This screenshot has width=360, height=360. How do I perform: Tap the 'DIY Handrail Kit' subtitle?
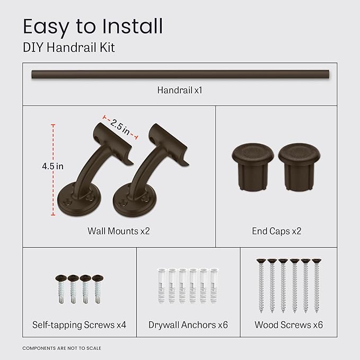pos(68,48)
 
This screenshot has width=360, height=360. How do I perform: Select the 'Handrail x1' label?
pos(180,90)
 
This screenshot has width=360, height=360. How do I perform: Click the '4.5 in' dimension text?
pos(53,166)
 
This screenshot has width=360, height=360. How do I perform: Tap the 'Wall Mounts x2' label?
pos(119,231)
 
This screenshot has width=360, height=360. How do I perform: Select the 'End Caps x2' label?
pos(277,231)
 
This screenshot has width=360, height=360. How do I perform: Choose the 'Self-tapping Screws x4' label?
pos(79,325)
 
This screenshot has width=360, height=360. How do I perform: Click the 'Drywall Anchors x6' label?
pos(188,325)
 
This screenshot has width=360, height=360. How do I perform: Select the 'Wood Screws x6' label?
pos(288,325)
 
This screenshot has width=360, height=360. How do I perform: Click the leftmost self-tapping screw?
pos(59,288)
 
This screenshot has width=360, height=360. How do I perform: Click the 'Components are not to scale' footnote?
pos(62,348)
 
